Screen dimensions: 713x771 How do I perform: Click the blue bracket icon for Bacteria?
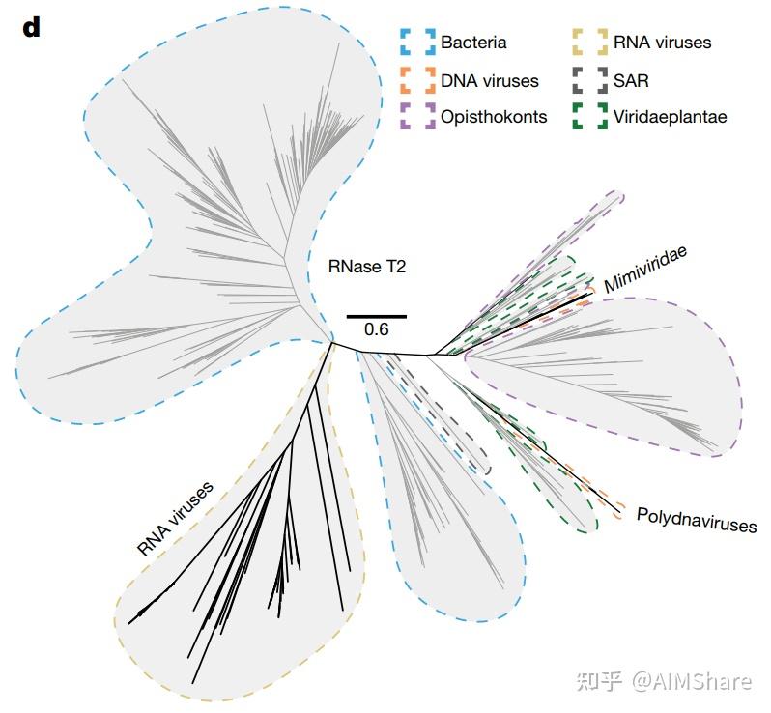coord(416,43)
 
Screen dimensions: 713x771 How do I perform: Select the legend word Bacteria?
coord(473,43)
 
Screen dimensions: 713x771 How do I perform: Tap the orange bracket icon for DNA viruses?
coord(416,80)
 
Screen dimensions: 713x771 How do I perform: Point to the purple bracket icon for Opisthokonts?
coord(416,117)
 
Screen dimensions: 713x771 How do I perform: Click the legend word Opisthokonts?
coord(494,118)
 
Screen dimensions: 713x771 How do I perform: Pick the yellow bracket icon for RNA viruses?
coord(589,43)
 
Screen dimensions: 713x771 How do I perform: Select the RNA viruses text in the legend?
coord(662,43)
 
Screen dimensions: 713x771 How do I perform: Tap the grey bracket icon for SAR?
coord(589,80)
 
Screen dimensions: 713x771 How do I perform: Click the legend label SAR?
coord(631,81)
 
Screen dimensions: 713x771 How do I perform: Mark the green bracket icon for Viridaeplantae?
coord(589,117)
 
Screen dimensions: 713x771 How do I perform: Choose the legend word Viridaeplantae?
coord(670,118)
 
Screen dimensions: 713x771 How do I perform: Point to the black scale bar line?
coord(376,316)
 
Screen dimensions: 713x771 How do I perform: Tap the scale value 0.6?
coord(376,329)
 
